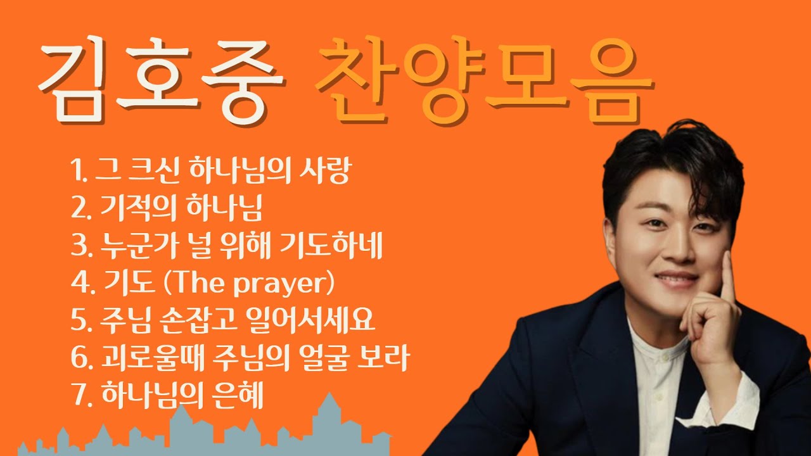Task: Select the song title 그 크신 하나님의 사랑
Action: pos(222,171)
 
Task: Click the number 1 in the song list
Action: pos(77,172)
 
